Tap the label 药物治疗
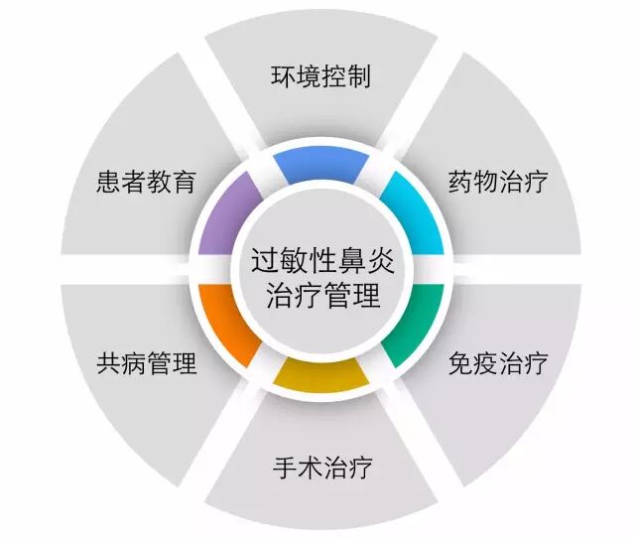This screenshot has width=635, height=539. coord(497,183)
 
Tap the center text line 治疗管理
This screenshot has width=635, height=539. coord(319,295)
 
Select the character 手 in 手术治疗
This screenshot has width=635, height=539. coord(284,467)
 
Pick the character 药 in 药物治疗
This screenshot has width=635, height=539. coord(460,183)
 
